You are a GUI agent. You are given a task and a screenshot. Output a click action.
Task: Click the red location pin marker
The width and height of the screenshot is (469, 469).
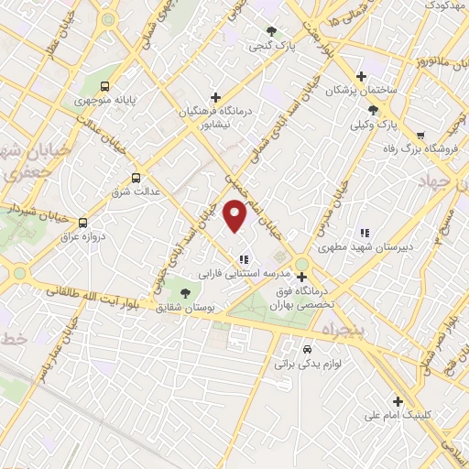pyautogui.click(x=236, y=214)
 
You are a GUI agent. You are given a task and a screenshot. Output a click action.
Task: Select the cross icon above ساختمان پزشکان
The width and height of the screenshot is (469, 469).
pyautogui.click(x=362, y=75)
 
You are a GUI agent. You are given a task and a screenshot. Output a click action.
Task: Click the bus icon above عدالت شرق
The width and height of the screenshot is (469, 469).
pyautogui.click(x=136, y=178)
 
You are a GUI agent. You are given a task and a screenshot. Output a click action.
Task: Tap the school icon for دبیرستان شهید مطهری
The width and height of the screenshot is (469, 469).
pyautogui.click(x=365, y=233)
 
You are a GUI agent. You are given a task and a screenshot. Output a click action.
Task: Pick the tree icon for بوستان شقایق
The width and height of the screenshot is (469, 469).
pyautogui.click(x=186, y=293)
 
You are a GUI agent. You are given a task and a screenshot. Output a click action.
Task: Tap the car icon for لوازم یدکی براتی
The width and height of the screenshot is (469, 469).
pyautogui.click(x=307, y=350)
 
